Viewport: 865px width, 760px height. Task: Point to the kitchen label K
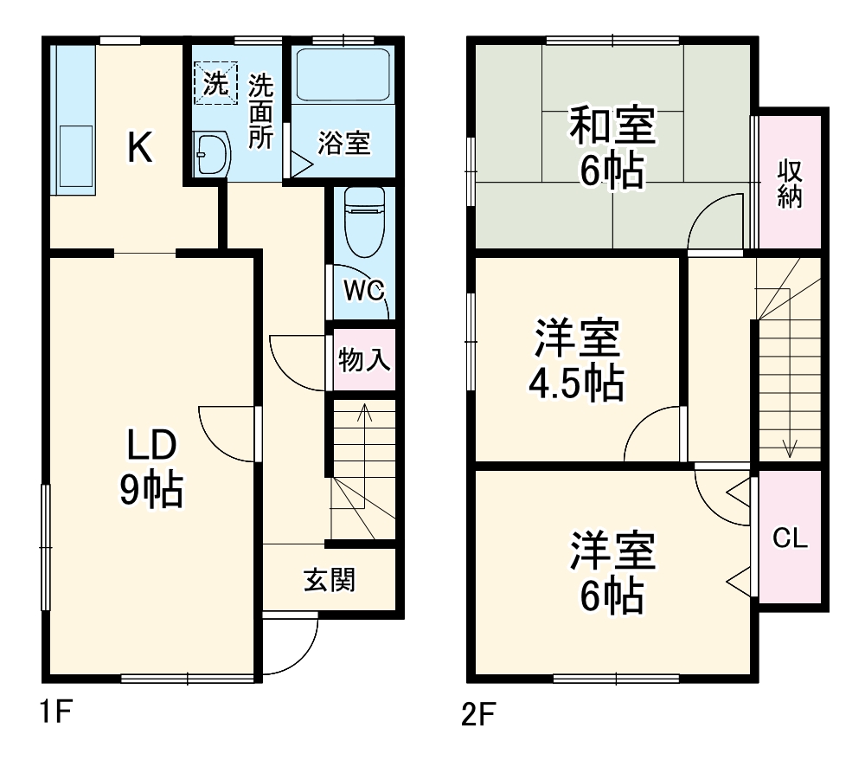(140, 148)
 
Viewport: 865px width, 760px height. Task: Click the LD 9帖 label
(151, 467)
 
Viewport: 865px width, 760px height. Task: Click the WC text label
(363, 292)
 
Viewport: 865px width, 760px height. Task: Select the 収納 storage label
(790, 183)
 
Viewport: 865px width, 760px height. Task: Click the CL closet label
(790, 538)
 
